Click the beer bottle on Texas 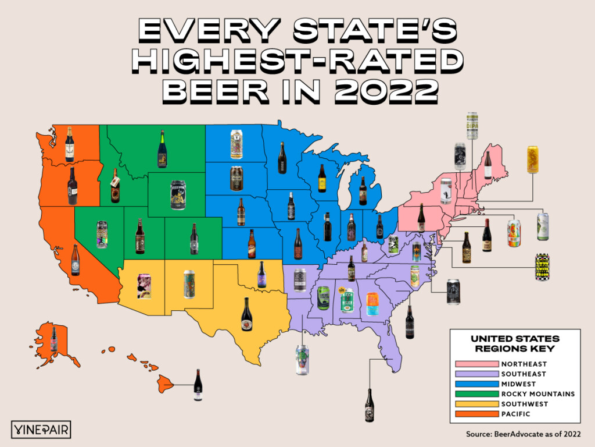(x=247, y=315)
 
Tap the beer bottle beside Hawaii (x=198, y=385)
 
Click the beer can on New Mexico (x=189, y=283)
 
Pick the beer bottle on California (x=75, y=260)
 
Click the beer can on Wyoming (x=177, y=194)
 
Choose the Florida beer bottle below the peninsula (x=368, y=405)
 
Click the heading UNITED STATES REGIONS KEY (x=515, y=343)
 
